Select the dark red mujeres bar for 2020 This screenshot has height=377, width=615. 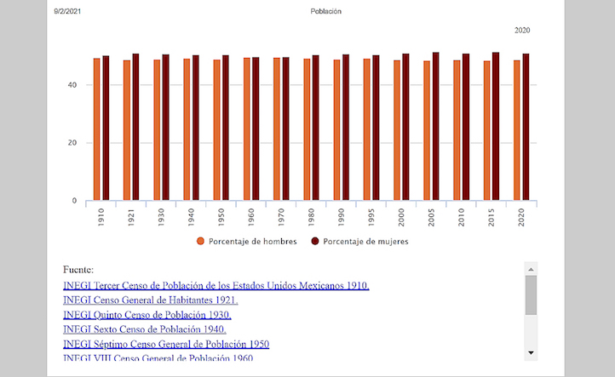(526, 128)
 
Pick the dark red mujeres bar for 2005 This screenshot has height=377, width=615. (436, 127)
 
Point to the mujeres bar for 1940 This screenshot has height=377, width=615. (196, 129)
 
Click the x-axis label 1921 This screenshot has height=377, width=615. (131, 217)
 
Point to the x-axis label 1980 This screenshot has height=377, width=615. (312, 217)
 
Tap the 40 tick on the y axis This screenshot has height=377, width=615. (73, 85)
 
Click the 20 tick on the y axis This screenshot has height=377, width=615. (73, 143)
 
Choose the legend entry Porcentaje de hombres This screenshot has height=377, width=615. (247, 242)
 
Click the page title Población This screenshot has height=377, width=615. (326, 12)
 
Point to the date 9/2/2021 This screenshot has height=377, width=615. (69, 12)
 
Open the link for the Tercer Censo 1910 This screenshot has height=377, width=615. (216, 285)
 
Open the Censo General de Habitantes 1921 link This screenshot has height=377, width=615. (151, 300)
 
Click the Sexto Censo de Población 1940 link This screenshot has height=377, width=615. (145, 329)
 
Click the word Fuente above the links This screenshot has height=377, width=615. (78, 269)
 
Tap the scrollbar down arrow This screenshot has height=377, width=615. (531, 351)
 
